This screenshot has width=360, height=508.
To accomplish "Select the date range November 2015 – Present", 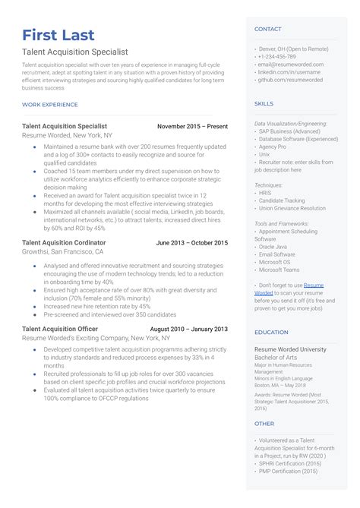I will pos(192,126).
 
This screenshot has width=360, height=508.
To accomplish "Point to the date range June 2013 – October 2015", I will pos(191,243).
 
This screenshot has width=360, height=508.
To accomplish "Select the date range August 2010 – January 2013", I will pos(189,329).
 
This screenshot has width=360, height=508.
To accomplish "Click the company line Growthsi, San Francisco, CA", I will pos(63,251).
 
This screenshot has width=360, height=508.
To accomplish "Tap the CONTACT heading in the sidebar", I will pos(267,30).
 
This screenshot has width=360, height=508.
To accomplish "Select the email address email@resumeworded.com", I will pos(290,65).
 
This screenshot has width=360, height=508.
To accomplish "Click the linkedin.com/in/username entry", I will pos(289,72).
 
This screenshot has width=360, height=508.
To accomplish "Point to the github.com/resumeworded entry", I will pos(290,80).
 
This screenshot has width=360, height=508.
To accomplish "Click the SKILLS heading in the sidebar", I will pos(264,103).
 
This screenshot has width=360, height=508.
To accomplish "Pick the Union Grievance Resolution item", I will pos(292,208).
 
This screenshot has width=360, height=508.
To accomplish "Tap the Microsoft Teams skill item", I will pos(282,270).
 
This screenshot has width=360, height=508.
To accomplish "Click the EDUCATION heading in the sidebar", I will pos(271,332).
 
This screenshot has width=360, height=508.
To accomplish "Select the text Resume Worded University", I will pos(290,349).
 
